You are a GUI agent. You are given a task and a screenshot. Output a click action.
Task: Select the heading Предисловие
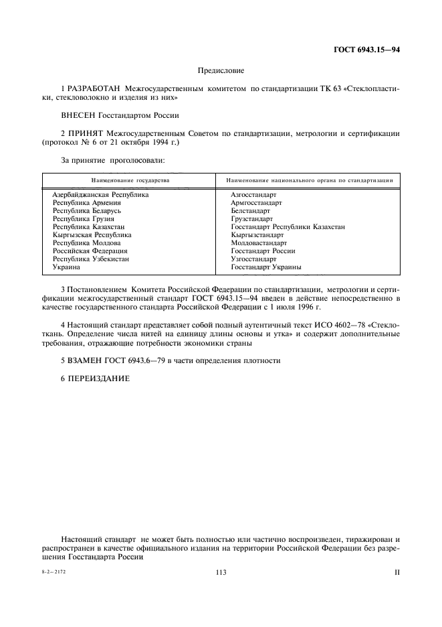pos(221,70)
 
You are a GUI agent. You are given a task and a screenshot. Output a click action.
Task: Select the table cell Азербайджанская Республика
pos(100,194)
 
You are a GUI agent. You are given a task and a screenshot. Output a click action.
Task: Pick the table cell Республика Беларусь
pos(87,210)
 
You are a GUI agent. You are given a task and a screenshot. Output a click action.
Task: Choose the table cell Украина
pos(67,267)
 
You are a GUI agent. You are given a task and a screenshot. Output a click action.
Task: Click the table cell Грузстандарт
pos(252,218)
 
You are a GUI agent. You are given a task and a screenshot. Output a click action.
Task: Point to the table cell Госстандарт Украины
pos(266,267)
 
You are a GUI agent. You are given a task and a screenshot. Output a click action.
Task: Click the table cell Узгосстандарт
pos(253,259)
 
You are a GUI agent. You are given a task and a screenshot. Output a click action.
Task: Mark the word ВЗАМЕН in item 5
pos(85,360)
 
